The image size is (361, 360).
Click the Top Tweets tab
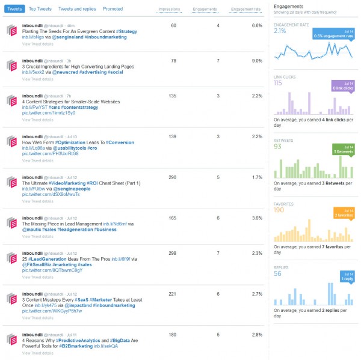point(40,9)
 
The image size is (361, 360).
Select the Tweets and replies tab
point(76,9)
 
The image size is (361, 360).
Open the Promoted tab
point(113,9)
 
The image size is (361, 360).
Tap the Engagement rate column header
point(246,9)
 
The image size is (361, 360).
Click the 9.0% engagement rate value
point(257,60)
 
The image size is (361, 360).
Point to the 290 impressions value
point(172,177)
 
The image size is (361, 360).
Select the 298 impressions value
point(172,253)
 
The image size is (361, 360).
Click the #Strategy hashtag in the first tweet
point(127,31)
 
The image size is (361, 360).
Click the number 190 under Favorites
point(279,210)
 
